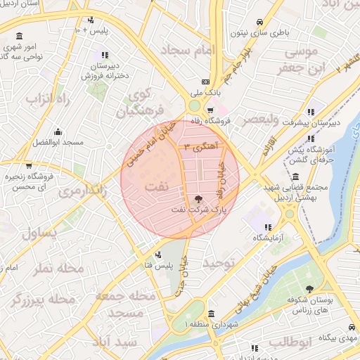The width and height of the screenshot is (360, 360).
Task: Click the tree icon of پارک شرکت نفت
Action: [198, 200]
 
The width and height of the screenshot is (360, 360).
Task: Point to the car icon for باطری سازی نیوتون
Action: [259, 21]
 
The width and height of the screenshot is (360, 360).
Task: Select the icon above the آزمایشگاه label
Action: [268, 226]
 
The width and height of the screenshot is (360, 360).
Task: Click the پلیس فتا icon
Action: [159, 255]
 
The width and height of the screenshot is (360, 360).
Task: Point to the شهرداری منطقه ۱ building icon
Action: [212, 314]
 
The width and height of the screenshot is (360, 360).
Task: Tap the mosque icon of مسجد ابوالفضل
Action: [58, 131]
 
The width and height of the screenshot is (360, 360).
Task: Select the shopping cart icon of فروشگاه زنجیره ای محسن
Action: [28, 167]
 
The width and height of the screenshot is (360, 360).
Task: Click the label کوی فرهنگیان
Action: [143, 102]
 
